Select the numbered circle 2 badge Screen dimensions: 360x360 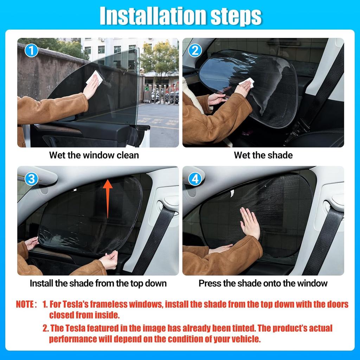point(195,51)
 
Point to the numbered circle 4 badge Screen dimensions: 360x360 point(195,179)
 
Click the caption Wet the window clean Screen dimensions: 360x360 point(94,155)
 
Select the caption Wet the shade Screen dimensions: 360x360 point(263,155)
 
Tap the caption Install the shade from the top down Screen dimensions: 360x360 point(98,283)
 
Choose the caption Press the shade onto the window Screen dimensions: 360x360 point(263,283)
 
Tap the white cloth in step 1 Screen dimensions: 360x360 point(95,77)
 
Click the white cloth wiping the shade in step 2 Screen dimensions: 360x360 point(247,82)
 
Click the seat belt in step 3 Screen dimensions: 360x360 point(155,239)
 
